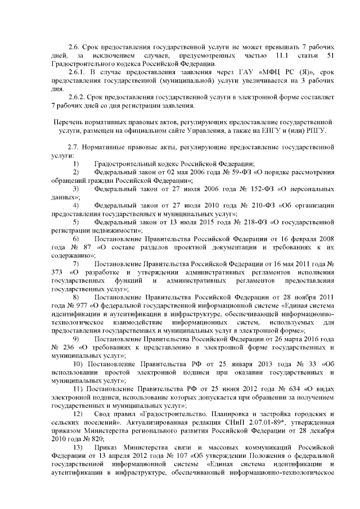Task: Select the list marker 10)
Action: (x=79, y=364)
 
